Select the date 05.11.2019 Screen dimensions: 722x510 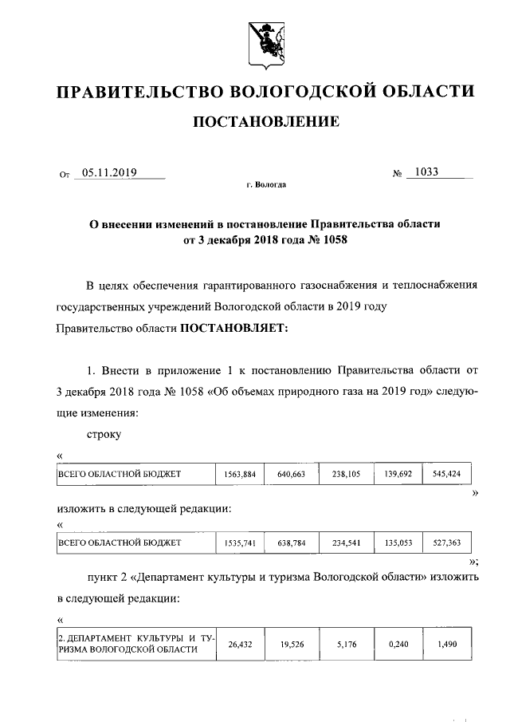[111, 171]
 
